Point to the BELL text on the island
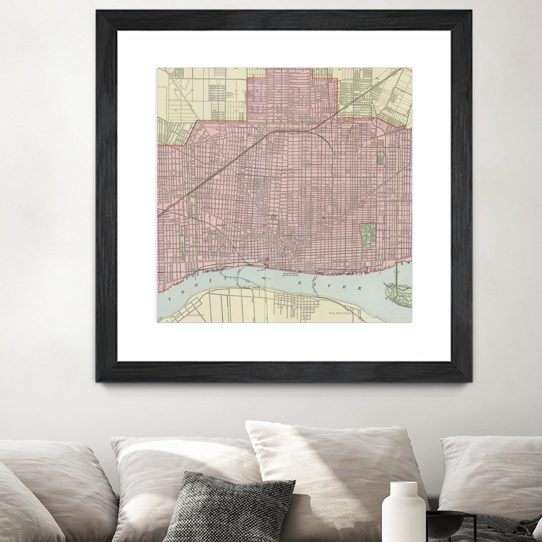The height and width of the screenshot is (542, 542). tap(404, 296)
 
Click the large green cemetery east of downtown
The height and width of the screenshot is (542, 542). tap(368, 235)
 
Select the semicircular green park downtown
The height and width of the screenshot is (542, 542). tap(288, 237)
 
